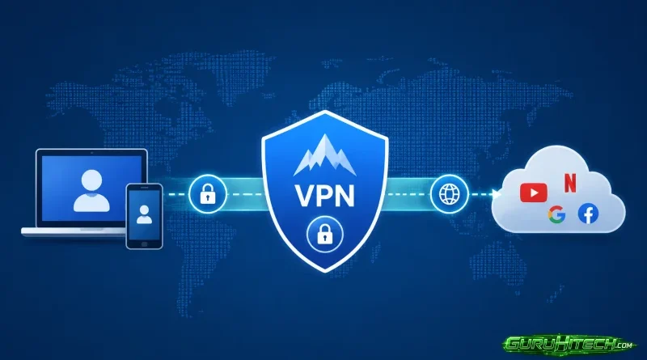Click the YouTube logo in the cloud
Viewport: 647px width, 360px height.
[x=534, y=193]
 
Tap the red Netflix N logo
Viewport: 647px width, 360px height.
[x=570, y=184]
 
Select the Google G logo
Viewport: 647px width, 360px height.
[x=556, y=215]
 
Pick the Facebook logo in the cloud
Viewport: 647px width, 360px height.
[x=588, y=214]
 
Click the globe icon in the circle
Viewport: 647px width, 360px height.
[x=450, y=194]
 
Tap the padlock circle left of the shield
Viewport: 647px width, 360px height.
[x=208, y=194]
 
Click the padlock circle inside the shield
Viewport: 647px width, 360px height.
[x=325, y=234]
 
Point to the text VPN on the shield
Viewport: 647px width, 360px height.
[x=325, y=196]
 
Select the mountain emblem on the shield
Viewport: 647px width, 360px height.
[x=325, y=155]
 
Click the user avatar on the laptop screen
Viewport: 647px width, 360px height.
[x=91, y=191]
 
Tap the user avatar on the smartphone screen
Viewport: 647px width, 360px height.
[x=144, y=214]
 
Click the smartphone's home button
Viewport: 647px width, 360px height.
[x=144, y=244]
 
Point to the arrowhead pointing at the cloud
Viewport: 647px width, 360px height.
[x=497, y=194]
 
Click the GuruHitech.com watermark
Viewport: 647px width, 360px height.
[x=568, y=344]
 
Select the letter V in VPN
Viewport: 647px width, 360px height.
[x=305, y=196]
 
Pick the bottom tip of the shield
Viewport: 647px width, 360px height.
[x=325, y=271]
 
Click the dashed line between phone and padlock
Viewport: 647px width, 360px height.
[x=175, y=194]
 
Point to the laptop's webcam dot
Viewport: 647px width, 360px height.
[x=91, y=153]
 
